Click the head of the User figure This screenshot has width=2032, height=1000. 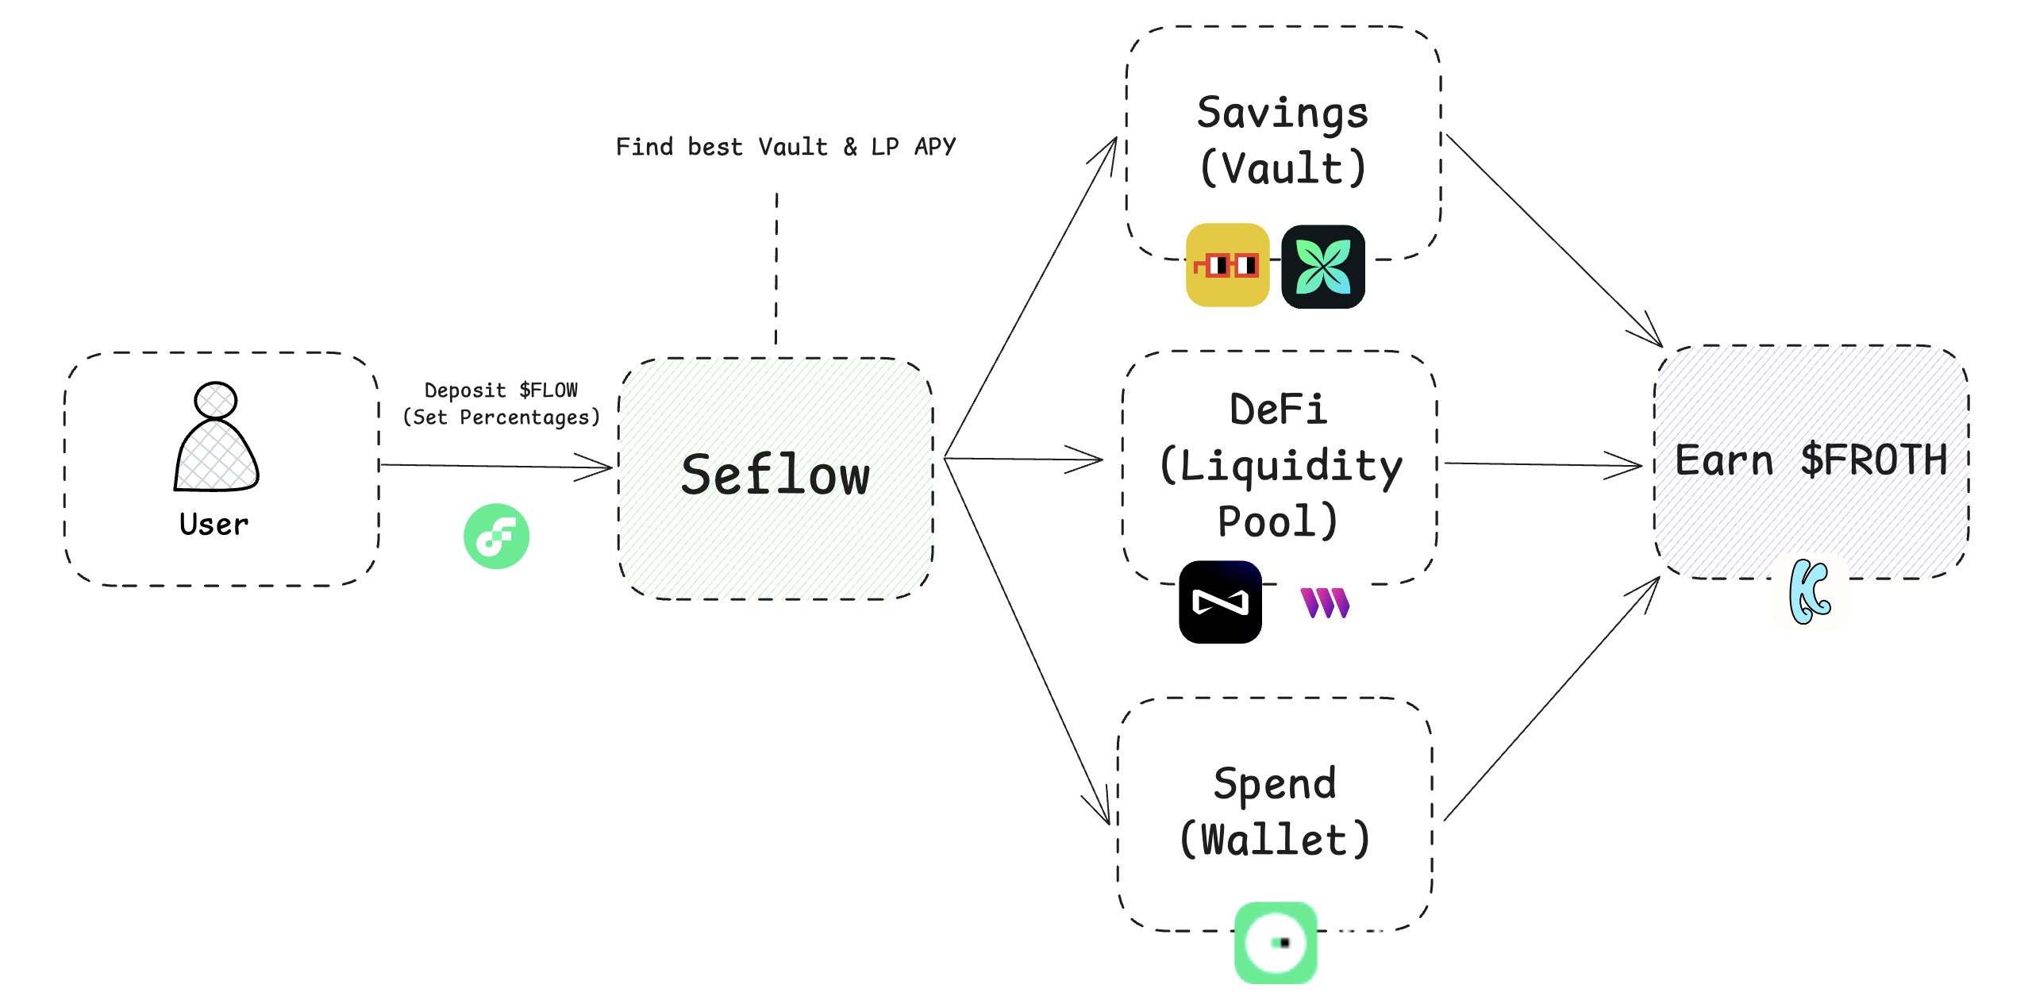click(216, 400)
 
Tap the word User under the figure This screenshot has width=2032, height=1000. click(214, 525)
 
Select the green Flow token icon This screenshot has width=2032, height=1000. click(496, 537)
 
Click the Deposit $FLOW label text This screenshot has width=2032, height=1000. click(501, 390)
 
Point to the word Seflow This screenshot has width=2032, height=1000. click(775, 475)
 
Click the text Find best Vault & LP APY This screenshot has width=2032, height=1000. click(786, 147)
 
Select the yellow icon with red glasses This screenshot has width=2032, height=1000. click(1227, 265)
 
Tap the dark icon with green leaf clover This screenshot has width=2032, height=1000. click(1322, 267)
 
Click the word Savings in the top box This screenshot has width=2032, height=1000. click(1283, 113)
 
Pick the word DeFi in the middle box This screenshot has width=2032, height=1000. click(1278, 410)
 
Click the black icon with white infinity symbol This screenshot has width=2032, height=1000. click(1220, 602)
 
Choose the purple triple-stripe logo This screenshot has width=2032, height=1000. click(1325, 603)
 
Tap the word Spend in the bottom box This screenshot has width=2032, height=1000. click(1275, 784)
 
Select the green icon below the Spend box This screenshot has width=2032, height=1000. click(1276, 943)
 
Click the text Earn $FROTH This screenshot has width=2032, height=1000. click(1811, 460)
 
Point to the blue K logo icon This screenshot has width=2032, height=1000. click(1810, 592)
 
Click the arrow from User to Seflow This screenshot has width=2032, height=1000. click(496, 467)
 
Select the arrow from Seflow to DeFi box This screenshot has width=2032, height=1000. click(1024, 460)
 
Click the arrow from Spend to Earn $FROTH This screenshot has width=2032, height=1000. click(1552, 698)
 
